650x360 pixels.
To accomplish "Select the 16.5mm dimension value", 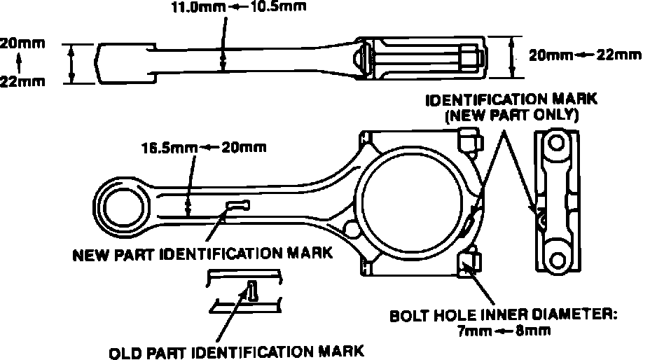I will tap(163, 148).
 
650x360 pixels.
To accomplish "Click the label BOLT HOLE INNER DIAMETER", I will tap(503, 315).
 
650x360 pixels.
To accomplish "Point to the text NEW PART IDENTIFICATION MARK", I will tap(202, 254).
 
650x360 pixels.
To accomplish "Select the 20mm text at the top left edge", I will tap(13, 43).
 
